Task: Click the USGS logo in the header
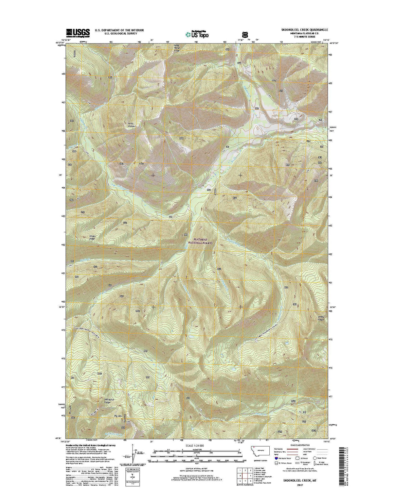pos(78,32)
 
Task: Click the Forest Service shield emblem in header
pos(244,34)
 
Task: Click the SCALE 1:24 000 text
pos(195,446)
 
